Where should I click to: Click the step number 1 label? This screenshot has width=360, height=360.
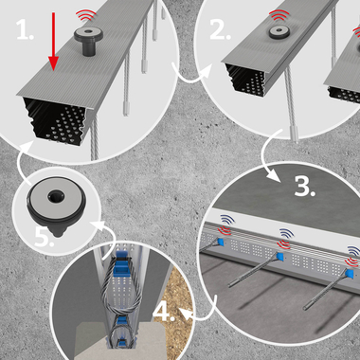pyautogui.click(x=25, y=30)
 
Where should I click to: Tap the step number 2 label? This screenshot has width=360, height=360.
pyautogui.click(x=220, y=30)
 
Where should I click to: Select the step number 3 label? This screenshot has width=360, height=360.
pyautogui.click(x=305, y=187)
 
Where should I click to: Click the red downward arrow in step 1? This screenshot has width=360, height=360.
pyautogui.click(x=53, y=42)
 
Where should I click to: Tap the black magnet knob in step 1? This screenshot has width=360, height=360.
pyautogui.click(x=88, y=41)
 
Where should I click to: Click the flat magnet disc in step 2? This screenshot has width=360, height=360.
pyautogui.click(x=279, y=32)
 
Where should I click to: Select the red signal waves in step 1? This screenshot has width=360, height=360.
pyautogui.click(x=85, y=15)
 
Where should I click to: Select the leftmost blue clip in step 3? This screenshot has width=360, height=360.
pyautogui.click(x=221, y=243)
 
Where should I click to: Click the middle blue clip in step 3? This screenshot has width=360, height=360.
pyautogui.click(x=279, y=257)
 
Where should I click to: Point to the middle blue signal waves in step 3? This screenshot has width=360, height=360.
pyautogui.click(x=286, y=233)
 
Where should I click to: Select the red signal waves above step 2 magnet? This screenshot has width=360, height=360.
pyautogui.click(x=279, y=15)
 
